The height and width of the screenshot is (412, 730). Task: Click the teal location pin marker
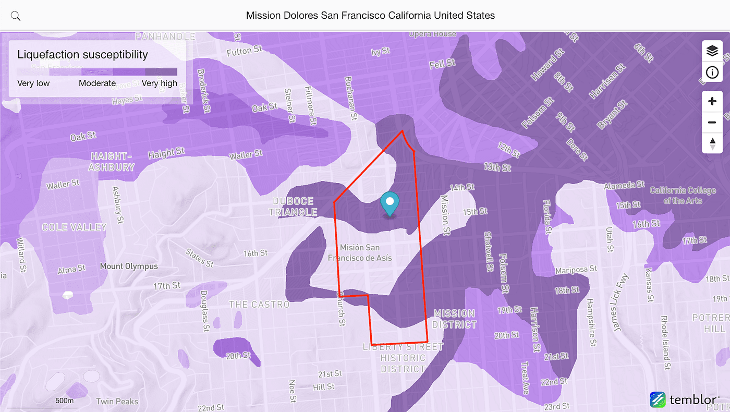pyautogui.click(x=390, y=203)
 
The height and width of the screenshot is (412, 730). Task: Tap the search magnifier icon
pyautogui.click(x=16, y=16)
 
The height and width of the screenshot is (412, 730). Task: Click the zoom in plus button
pyautogui.click(x=712, y=101)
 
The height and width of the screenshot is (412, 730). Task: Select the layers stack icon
pyautogui.click(x=712, y=51)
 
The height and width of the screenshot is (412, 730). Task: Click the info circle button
pyautogui.click(x=712, y=72)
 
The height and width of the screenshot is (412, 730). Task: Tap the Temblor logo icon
pyautogui.click(x=658, y=400)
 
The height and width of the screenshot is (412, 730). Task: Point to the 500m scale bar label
pyautogui.click(x=65, y=401)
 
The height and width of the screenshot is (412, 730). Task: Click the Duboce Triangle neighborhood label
pyautogui.click(x=293, y=207)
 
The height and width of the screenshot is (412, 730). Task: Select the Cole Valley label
pyautogui.click(x=74, y=227)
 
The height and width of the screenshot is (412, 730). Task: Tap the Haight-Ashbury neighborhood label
pyautogui.click(x=111, y=162)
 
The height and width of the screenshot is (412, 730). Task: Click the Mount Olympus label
pyautogui.click(x=129, y=266)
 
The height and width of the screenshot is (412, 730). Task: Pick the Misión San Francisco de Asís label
pyautogui.click(x=360, y=252)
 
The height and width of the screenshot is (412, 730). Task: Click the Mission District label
pyautogui.click(x=454, y=319)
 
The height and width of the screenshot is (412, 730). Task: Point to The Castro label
pyautogui.click(x=259, y=304)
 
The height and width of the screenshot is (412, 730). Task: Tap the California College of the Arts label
pyautogui.click(x=683, y=195)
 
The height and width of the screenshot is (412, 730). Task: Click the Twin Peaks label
pyautogui.click(x=117, y=401)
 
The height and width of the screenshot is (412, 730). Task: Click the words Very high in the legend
pyautogui.click(x=159, y=83)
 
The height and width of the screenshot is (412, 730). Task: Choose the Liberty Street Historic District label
pyautogui.click(x=403, y=358)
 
